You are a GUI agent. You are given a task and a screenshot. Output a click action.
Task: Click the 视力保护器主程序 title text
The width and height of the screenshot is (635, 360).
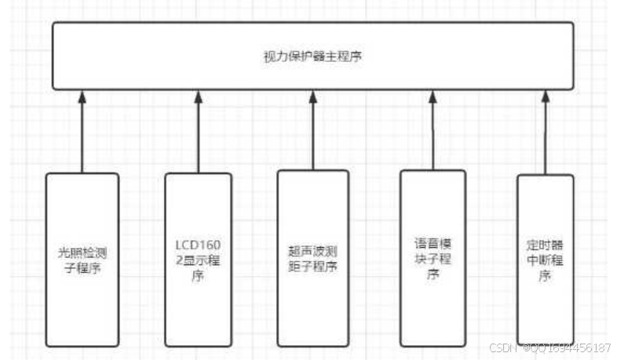312,56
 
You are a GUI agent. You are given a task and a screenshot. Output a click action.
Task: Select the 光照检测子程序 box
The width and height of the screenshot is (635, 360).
82,260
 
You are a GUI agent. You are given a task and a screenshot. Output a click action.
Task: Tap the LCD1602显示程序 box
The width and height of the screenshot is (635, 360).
198,260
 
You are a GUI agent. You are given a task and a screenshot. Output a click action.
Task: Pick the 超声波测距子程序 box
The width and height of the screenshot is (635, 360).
312,260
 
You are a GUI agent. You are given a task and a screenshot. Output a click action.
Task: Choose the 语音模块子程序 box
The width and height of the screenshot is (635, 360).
433,258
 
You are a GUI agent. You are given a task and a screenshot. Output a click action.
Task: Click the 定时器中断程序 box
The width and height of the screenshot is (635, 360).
545,260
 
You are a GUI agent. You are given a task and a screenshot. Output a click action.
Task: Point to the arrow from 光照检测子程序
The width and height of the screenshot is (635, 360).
82,133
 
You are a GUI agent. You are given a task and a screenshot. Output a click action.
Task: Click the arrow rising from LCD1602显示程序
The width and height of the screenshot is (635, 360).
198,133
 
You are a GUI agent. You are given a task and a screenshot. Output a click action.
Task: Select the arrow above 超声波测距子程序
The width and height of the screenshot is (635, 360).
312,133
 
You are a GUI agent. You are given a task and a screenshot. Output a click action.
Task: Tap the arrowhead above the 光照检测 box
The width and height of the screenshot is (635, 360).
82,96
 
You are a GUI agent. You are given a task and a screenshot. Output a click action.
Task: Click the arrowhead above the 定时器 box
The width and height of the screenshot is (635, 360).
545,96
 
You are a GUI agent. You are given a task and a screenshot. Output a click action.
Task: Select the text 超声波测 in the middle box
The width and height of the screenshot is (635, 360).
312,253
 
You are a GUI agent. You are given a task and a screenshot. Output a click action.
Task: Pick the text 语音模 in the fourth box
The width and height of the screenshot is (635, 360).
433,244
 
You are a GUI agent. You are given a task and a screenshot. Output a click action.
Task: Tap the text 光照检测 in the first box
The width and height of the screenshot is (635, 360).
82,253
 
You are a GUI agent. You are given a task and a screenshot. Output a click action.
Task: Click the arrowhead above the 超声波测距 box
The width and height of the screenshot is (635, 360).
312,96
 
